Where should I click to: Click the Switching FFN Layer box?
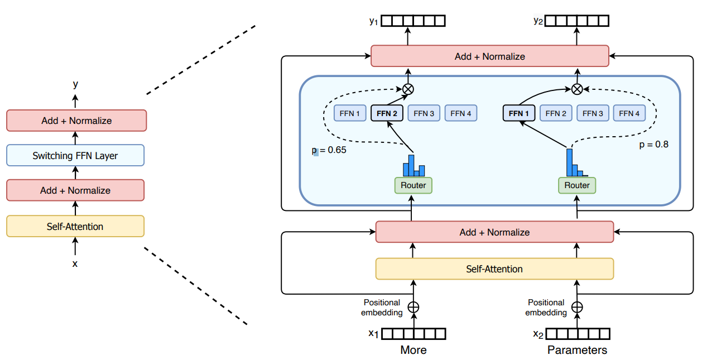(75, 156)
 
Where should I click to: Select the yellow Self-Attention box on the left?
(75, 226)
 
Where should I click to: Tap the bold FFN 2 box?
(387, 113)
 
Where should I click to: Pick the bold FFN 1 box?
(519, 113)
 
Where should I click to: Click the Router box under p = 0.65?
(413, 185)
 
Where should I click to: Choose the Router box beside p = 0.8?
(577, 185)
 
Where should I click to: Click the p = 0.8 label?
(653, 145)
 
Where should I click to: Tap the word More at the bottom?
(413, 350)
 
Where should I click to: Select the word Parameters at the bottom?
(577, 350)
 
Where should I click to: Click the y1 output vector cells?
(413, 21)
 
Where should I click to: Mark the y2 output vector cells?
(577, 21)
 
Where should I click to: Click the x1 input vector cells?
(413, 334)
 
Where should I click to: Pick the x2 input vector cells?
(577, 334)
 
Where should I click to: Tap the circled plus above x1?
(413, 307)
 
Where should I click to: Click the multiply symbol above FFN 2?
(408, 88)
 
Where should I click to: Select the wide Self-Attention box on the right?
(494, 269)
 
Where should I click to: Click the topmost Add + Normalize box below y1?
(489, 56)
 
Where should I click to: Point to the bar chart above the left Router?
(413, 165)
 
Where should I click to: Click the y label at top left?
(75, 85)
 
